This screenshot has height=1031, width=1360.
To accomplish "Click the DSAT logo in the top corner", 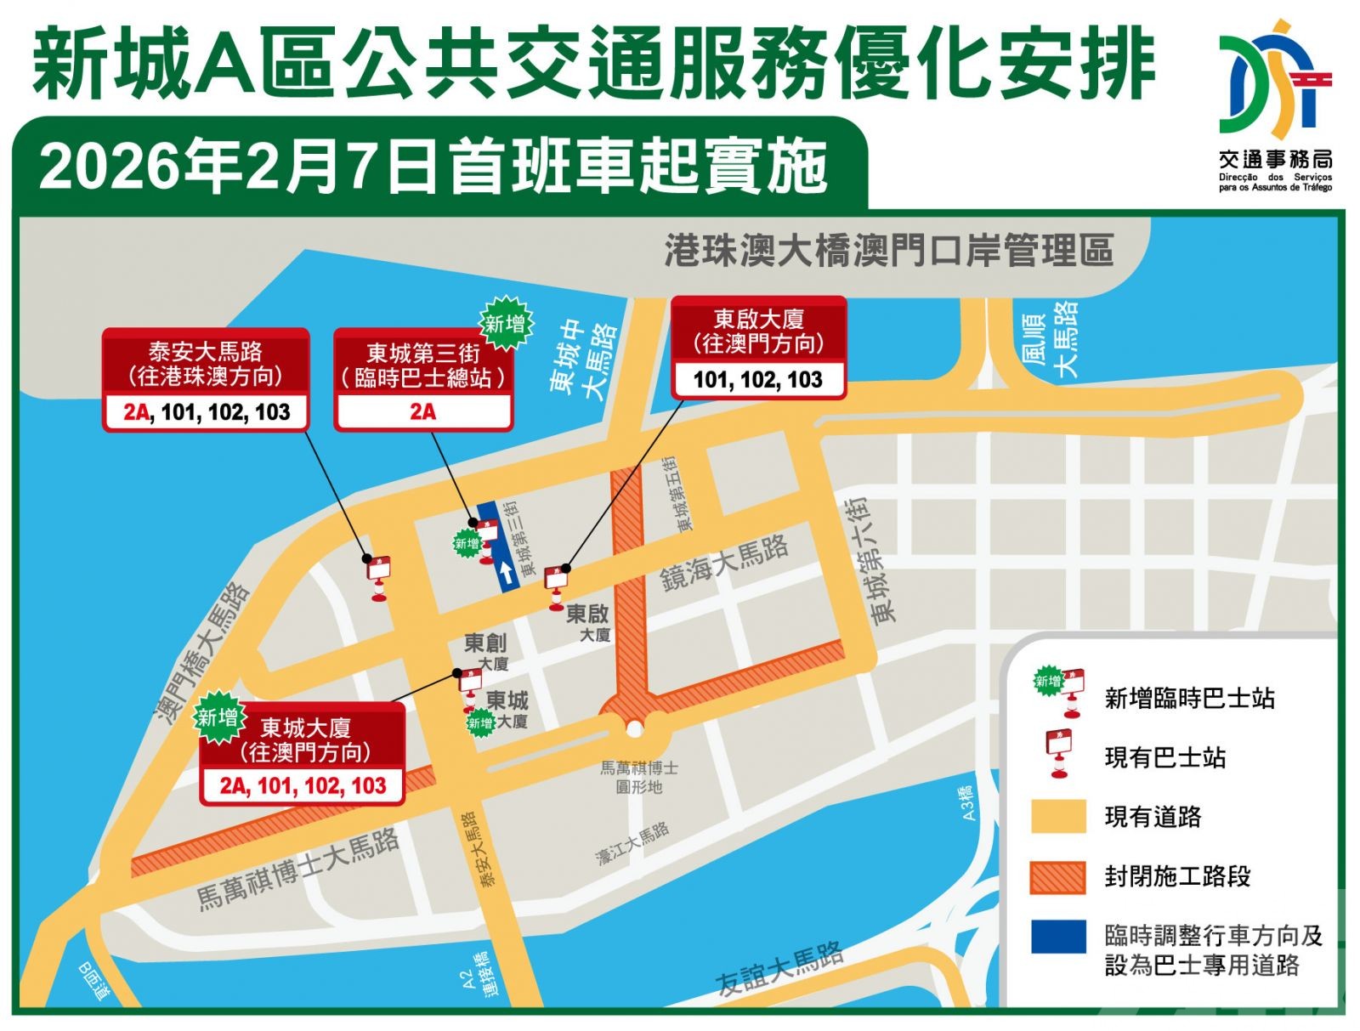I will [x=1275, y=81].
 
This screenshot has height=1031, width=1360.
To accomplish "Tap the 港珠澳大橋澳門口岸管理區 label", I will [x=888, y=251].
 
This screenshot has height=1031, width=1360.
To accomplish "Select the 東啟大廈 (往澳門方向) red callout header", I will [x=758, y=331].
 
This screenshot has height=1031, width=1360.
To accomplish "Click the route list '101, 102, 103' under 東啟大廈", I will [x=758, y=380].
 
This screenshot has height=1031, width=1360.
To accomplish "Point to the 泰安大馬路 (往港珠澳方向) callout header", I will [x=205, y=364].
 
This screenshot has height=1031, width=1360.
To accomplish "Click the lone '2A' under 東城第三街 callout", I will [x=422, y=412].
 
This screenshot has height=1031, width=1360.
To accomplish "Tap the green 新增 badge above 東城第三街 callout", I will [x=506, y=324].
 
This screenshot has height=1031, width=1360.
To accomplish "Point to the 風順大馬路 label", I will [x=1051, y=337].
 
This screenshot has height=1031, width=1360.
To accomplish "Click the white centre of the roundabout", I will [x=634, y=729].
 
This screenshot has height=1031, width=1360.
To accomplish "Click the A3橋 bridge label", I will [x=968, y=802].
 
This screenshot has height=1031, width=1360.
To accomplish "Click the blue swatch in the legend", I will [x=1057, y=937].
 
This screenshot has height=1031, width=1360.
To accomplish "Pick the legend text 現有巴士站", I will [x=1164, y=757].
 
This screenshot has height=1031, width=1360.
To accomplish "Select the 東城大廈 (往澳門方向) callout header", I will [x=304, y=739].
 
